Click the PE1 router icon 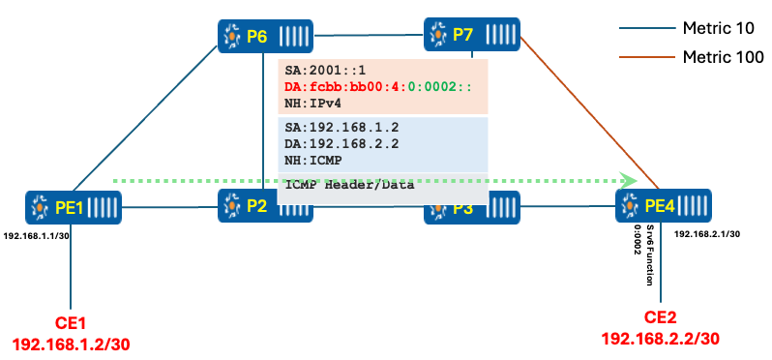[74, 207]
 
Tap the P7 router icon [472, 34]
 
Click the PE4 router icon [664, 205]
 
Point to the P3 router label [462, 208]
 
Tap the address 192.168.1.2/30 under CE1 [70, 344]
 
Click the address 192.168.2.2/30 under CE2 [662, 338]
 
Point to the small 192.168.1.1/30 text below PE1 [36, 236]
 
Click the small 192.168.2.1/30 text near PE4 [707, 234]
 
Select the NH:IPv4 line [314, 103]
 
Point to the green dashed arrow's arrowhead [630, 180]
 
